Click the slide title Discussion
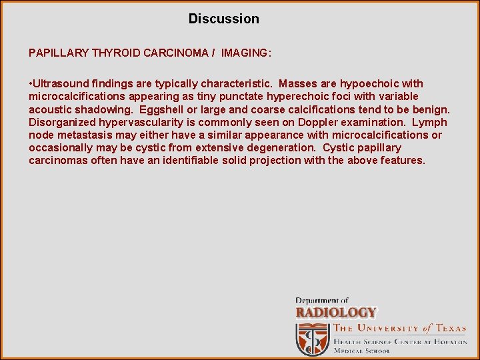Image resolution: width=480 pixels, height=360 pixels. [x=223, y=19]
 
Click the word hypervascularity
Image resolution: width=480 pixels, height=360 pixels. [x=143, y=123]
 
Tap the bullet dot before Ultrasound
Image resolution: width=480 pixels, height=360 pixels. [x=31, y=84]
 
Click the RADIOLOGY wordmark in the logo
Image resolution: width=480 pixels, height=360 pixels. [x=336, y=312]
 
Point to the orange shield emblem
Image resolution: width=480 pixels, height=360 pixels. [x=312, y=339]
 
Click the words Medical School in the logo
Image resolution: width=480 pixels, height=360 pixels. [x=363, y=351]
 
